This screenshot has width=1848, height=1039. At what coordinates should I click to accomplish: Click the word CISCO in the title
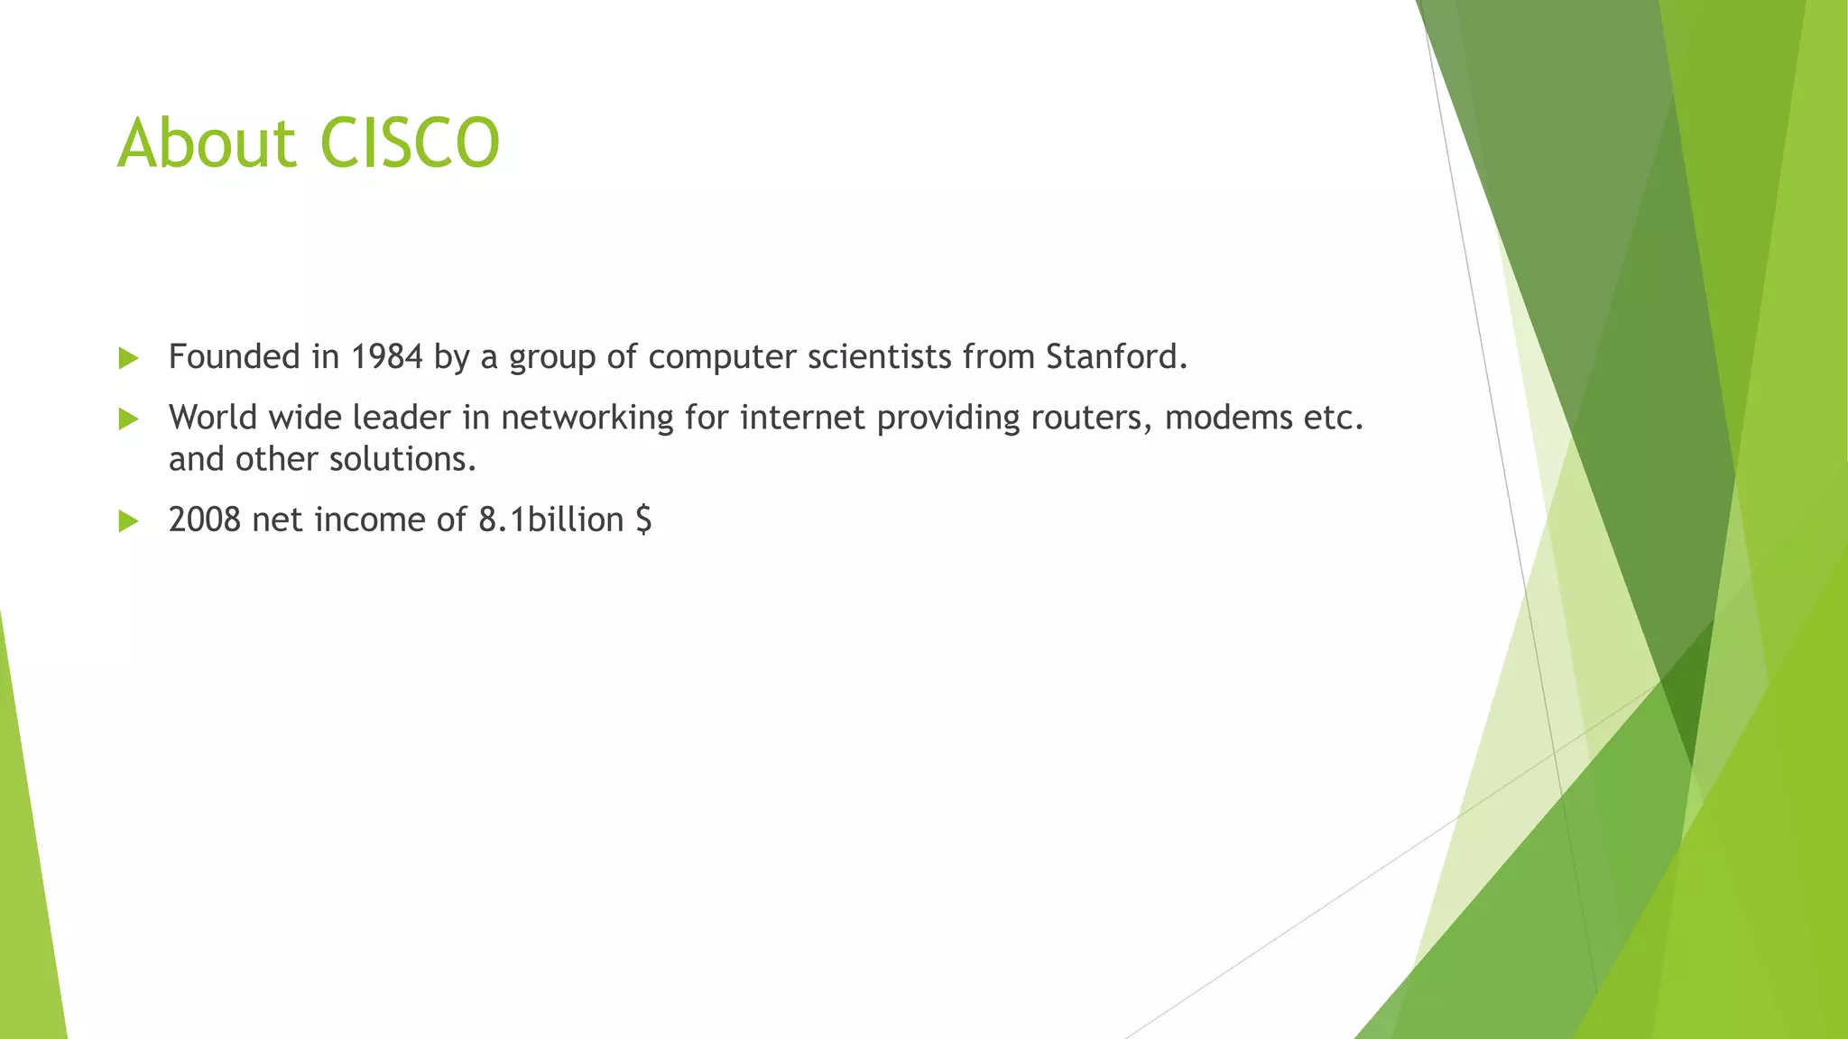pos(410,143)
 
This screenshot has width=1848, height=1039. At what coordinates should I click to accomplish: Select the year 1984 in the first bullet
pos(386,357)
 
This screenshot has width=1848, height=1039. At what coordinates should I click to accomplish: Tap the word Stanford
pos(1116,357)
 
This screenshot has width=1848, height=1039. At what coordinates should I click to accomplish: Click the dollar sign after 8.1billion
pos(642,520)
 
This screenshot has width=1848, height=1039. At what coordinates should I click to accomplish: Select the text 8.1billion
pos(550,519)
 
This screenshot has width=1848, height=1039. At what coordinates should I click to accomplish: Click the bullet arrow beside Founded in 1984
pos(128,358)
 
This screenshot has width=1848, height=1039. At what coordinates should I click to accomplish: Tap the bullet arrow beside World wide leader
pos(128,418)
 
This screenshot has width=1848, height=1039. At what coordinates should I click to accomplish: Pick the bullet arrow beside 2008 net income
pos(128,520)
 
